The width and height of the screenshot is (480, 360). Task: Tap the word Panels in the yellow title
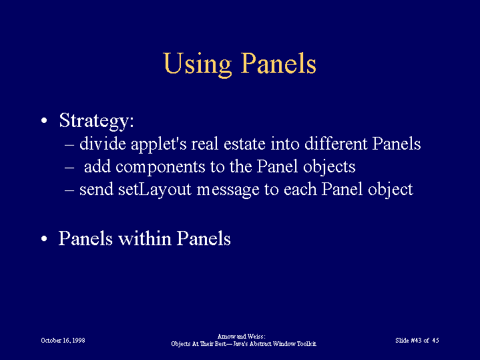(x=278, y=63)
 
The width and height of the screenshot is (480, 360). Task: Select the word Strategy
(x=96, y=121)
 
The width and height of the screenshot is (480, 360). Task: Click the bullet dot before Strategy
(x=44, y=120)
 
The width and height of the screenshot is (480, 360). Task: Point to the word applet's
(x=159, y=145)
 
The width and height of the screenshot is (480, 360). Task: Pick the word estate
(x=244, y=144)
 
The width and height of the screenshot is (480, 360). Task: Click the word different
(x=336, y=144)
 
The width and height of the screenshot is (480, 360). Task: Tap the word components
(x=160, y=168)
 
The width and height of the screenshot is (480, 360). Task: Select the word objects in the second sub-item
(x=329, y=167)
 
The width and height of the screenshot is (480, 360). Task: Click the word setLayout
(x=155, y=190)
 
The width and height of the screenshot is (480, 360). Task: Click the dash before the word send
(x=69, y=190)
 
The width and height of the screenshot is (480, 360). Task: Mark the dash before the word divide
(x=69, y=144)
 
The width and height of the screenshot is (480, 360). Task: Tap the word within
(x=144, y=238)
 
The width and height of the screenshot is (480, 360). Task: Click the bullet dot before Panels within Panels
(x=44, y=238)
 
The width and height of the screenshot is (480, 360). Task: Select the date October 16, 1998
(x=63, y=341)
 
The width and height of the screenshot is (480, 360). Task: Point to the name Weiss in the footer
(x=258, y=337)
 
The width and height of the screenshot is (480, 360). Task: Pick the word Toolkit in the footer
(x=306, y=344)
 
